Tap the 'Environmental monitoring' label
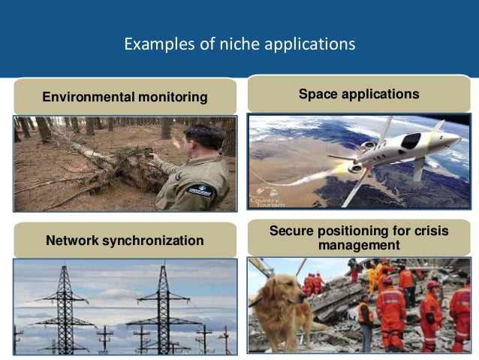click(x=125, y=97)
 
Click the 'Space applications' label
click(x=359, y=94)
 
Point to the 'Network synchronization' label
click(x=125, y=241)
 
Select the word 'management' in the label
click(x=359, y=245)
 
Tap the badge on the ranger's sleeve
click(x=200, y=191)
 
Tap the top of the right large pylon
click(x=162, y=268)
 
